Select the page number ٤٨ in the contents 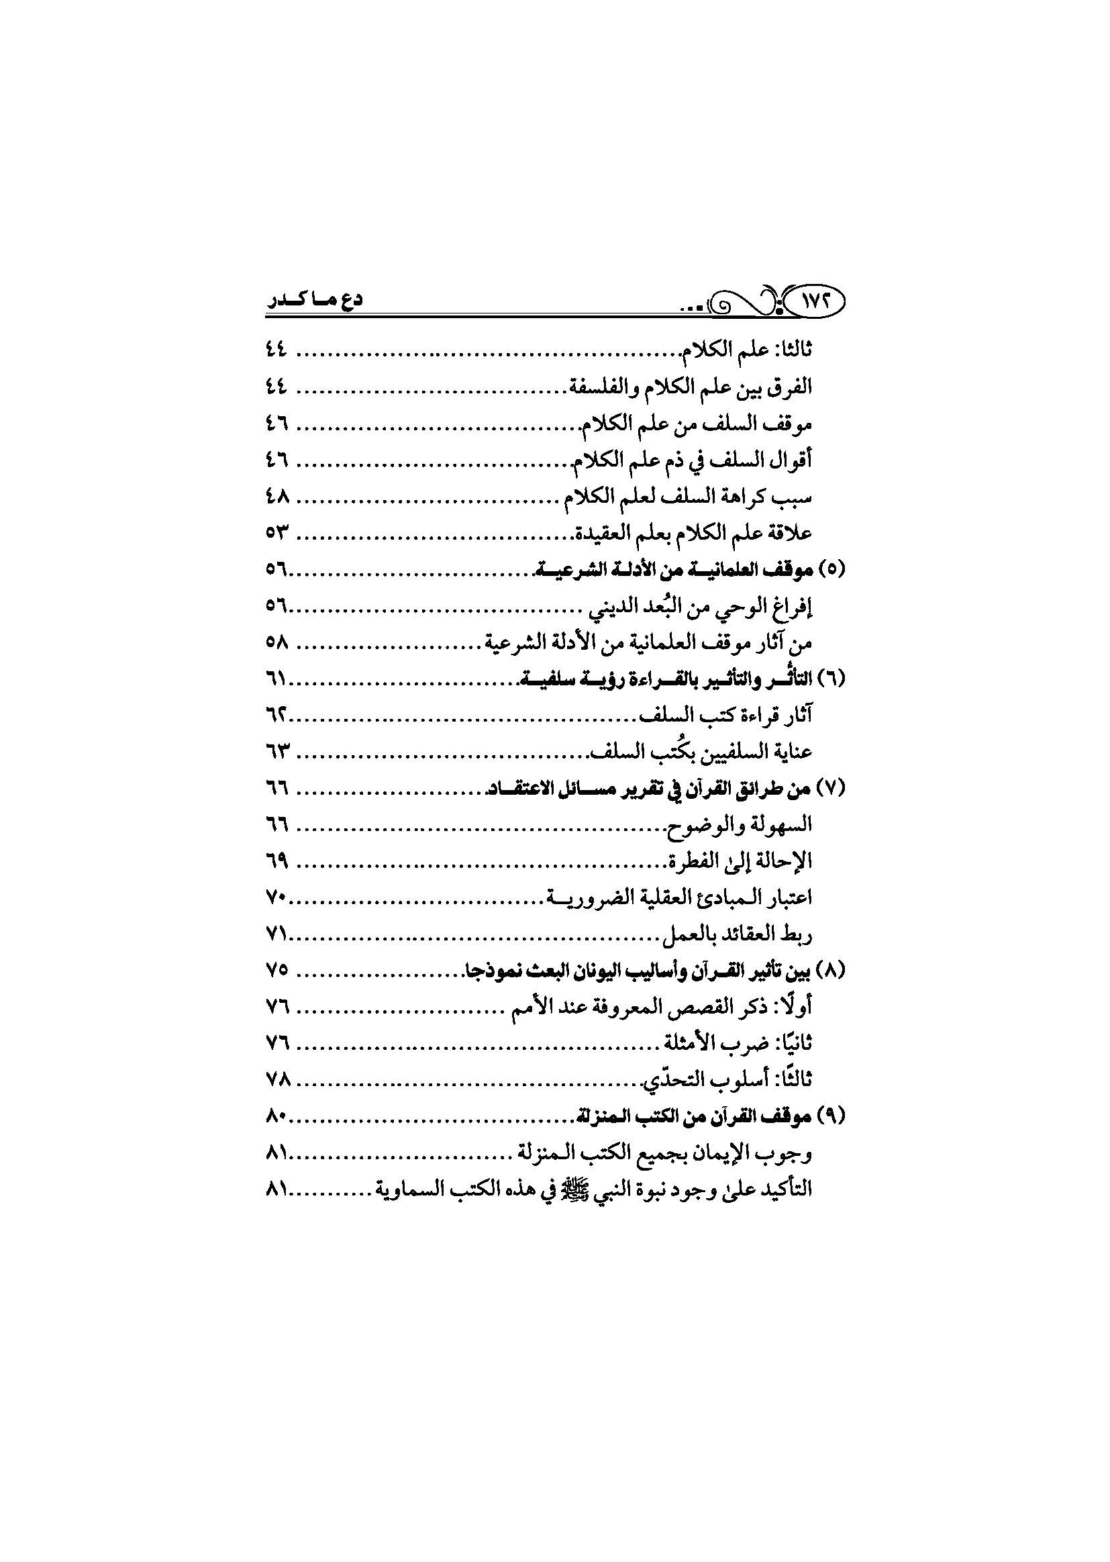click(276, 497)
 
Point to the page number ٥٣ click(276, 533)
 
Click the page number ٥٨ click(276, 643)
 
